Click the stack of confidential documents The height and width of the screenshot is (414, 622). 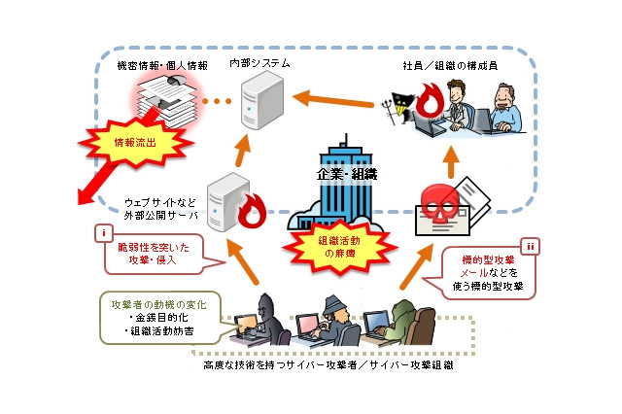tap(166, 103)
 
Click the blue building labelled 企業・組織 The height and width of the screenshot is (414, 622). tap(348, 185)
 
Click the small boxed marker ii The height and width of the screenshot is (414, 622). tap(529, 246)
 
